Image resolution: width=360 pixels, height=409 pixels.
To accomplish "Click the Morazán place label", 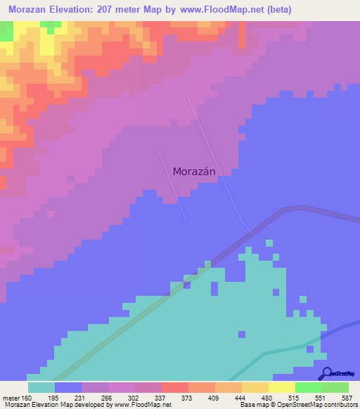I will [193, 171].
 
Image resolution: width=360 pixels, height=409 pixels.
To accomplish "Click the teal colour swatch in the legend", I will [41, 387].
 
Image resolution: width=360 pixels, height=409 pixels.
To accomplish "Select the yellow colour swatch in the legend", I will [282, 387].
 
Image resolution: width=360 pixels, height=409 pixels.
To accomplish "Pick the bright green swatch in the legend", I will [309, 387].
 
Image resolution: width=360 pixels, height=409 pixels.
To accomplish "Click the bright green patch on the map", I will [6, 31].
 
